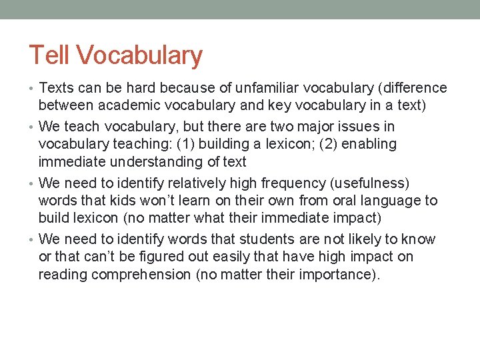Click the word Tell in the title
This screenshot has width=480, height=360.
tap(48, 55)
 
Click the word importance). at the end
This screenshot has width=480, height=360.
tap(339, 275)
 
